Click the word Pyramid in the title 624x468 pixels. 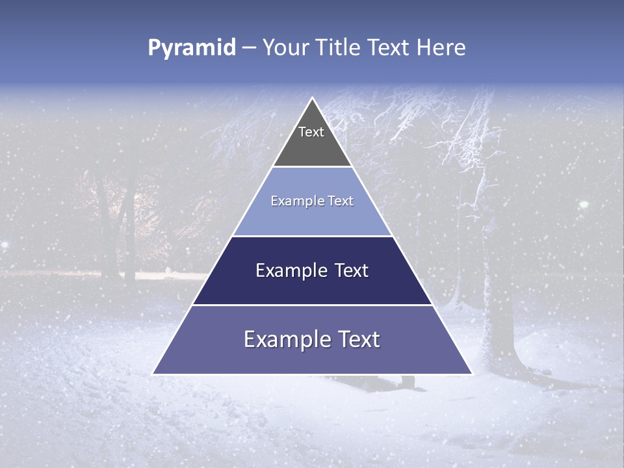tap(192, 48)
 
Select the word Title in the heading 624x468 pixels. tap(341, 48)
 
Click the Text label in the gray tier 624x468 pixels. tap(311, 132)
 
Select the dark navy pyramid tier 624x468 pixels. tap(312, 286)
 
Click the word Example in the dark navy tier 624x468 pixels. tap(291, 270)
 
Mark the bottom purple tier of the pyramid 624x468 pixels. tap(312, 357)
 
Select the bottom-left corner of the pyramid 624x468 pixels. tap(154, 373)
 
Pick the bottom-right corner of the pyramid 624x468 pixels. tap(471, 373)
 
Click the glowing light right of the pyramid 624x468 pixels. tap(584, 205)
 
